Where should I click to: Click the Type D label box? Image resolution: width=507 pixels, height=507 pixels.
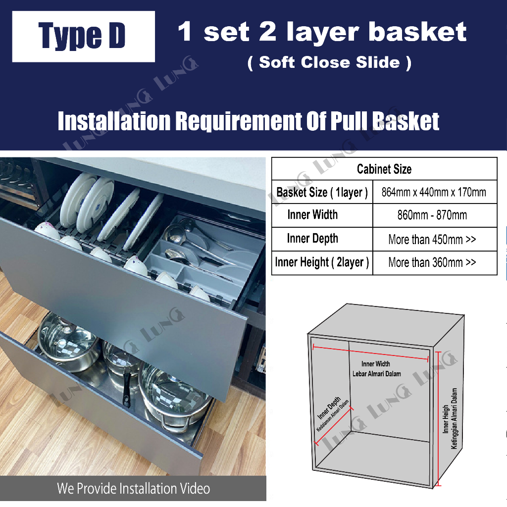click(x=83, y=36)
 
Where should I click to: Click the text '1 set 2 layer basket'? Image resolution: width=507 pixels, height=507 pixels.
click(x=322, y=32)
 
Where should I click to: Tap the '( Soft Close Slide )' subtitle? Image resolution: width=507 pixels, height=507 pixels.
click(x=329, y=62)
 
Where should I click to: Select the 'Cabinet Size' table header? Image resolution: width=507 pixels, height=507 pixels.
click(x=384, y=169)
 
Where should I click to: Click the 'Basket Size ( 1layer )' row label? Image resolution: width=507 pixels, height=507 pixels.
click(x=322, y=192)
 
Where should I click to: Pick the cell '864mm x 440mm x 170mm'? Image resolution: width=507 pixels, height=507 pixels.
click(x=434, y=192)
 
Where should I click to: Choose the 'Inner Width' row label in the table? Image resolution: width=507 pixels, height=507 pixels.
click(x=312, y=215)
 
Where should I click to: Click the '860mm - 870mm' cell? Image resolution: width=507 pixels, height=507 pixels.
click(x=432, y=216)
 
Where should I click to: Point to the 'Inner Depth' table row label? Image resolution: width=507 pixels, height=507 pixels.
click(x=312, y=239)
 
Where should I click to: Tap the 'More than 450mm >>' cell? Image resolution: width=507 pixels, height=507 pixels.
click(x=432, y=240)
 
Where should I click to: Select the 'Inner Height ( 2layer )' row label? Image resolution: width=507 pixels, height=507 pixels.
click(x=322, y=262)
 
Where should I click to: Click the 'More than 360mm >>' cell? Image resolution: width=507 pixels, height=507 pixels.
click(x=432, y=262)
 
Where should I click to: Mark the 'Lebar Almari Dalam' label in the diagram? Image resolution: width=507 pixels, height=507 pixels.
click(x=377, y=374)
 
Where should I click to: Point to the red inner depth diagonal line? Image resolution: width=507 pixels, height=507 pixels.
click(x=334, y=426)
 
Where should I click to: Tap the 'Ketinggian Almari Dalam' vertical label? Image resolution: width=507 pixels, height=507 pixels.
click(x=454, y=418)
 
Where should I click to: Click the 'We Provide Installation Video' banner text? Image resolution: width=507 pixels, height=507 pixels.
click(x=133, y=489)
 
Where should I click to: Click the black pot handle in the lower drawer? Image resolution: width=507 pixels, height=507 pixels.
click(x=127, y=386)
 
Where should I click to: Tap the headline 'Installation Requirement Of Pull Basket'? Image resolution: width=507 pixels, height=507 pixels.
click(x=249, y=122)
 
